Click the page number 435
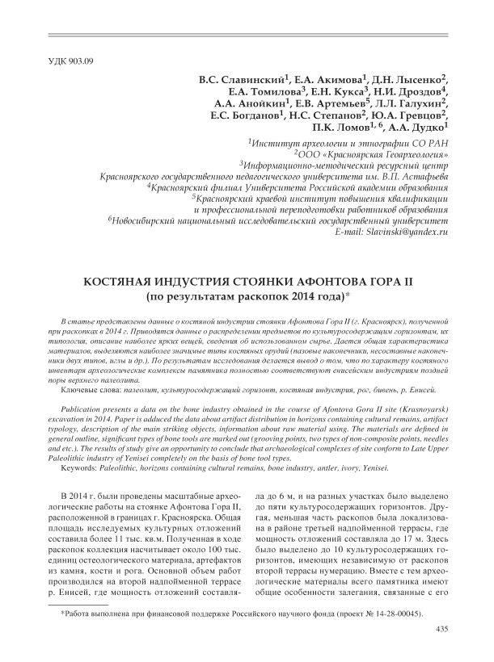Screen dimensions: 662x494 (441, 628)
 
